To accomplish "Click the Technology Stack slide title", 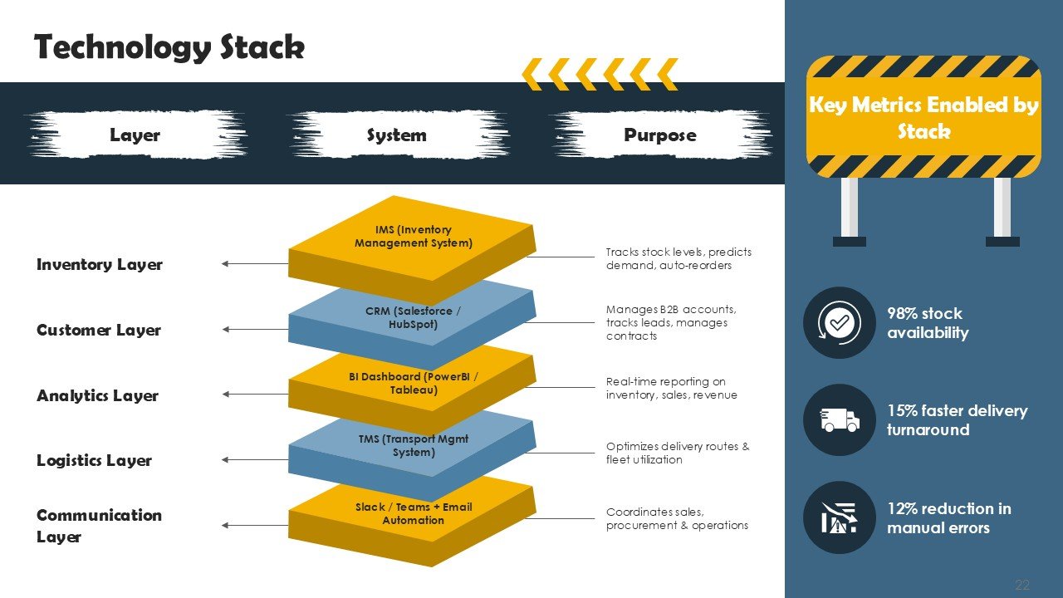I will (x=169, y=47).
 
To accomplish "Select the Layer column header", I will (x=135, y=135).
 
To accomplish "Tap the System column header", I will (x=396, y=135).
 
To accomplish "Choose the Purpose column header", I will (x=659, y=135).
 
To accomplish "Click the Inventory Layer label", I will (x=100, y=264).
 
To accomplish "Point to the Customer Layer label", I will (x=99, y=330).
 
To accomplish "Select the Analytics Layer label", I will (x=97, y=395).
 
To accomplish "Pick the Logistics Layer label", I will (x=94, y=460).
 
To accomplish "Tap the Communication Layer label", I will (x=99, y=525).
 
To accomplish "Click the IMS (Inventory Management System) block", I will (x=413, y=237).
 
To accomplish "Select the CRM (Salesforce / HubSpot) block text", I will (x=413, y=317).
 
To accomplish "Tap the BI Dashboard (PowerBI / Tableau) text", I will (x=413, y=383).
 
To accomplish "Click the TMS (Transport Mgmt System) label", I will (x=413, y=445).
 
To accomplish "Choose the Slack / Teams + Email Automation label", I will (x=413, y=513).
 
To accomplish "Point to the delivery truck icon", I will (x=840, y=420).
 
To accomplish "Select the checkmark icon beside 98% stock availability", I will (x=840, y=323).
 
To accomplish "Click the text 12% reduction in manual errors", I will (x=948, y=517).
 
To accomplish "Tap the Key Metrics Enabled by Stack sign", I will (x=923, y=118).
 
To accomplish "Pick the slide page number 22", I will (x=1022, y=586).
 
